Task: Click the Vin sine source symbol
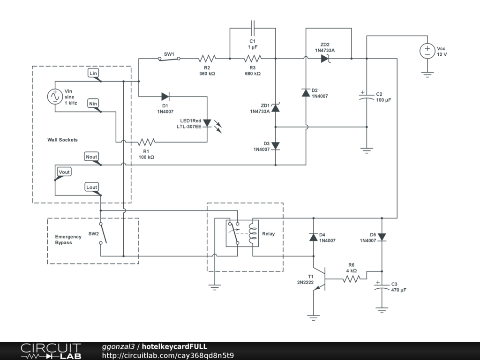coord(55,97)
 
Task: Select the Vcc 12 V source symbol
coord(427,51)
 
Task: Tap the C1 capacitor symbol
coord(253,28)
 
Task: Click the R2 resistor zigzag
coord(207,59)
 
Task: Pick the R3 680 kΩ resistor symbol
coord(253,59)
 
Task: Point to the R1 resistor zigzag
coord(146,142)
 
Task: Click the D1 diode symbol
coord(165,97)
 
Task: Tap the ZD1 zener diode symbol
coord(276,108)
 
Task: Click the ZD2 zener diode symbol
coord(325,59)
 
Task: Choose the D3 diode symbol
coord(276,146)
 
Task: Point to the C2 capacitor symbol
coord(367,97)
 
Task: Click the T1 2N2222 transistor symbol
coord(320,278)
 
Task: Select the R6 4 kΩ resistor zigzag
coord(352,279)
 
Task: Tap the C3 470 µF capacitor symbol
coord(382,286)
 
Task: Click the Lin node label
coord(93,73)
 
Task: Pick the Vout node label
coord(64,172)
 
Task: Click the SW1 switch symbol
coord(169,59)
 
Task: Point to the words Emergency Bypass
coord(68,240)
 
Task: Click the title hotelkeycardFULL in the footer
coord(174,346)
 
